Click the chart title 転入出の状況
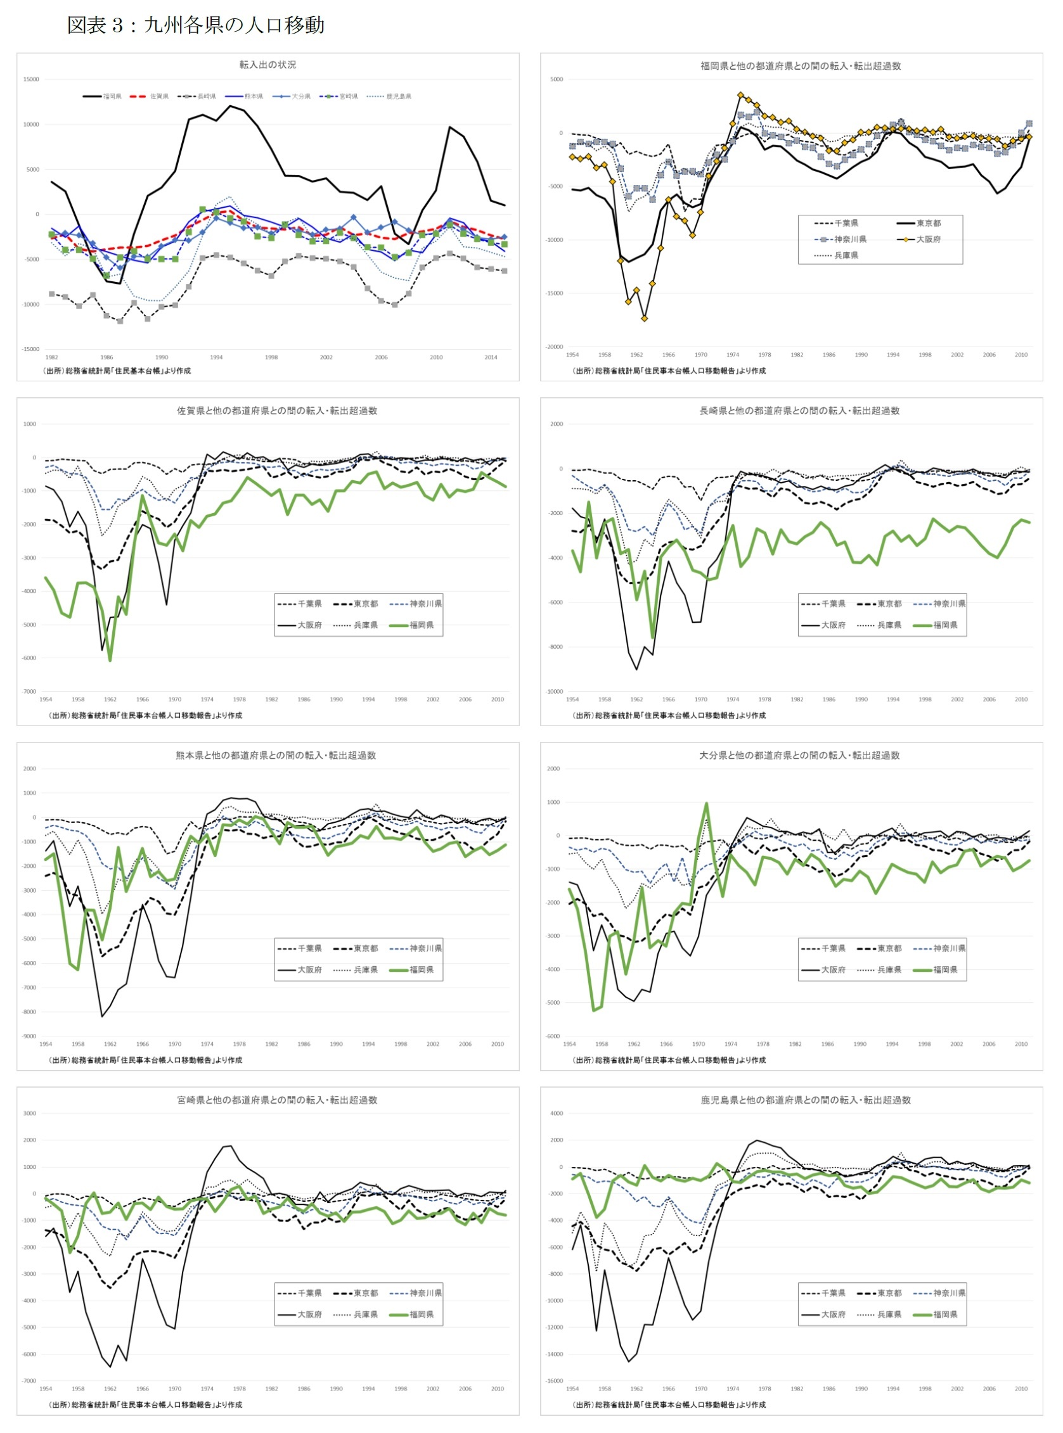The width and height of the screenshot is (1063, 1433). [x=267, y=65]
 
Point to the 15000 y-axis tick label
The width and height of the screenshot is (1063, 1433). [x=31, y=80]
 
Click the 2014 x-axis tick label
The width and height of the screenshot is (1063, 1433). [x=491, y=357]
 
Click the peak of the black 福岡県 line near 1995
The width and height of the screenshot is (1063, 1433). [x=229, y=106]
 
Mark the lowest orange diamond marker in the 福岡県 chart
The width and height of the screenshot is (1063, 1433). [x=645, y=319]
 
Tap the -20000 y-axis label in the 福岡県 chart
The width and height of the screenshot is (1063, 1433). [x=554, y=347]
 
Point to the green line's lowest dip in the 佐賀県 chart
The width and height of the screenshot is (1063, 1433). [x=110, y=660]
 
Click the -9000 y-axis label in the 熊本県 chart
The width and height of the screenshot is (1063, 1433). [x=30, y=1036]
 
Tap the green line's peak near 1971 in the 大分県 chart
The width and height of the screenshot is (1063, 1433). [x=707, y=803]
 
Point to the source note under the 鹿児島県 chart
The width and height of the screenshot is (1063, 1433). [x=669, y=1404]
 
